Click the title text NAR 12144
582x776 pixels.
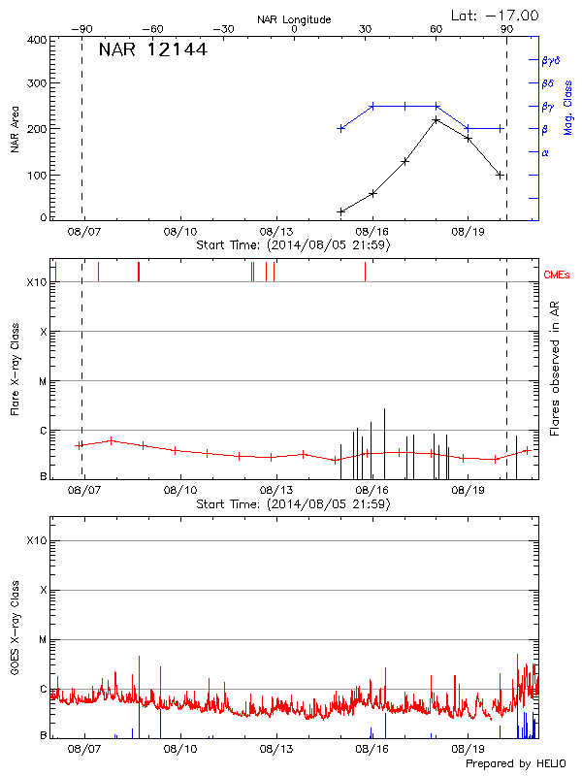[152, 50]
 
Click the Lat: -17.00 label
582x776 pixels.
[495, 14]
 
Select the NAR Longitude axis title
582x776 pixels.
[294, 19]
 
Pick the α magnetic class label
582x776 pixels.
[545, 152]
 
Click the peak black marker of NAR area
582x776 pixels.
[436, 120]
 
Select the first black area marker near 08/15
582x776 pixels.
[340, 211]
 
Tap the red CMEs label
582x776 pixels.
[557, 275]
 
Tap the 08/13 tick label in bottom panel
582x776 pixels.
[275, 749]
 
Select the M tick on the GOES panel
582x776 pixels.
[43, 640]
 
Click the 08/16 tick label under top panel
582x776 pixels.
[372, 233]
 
